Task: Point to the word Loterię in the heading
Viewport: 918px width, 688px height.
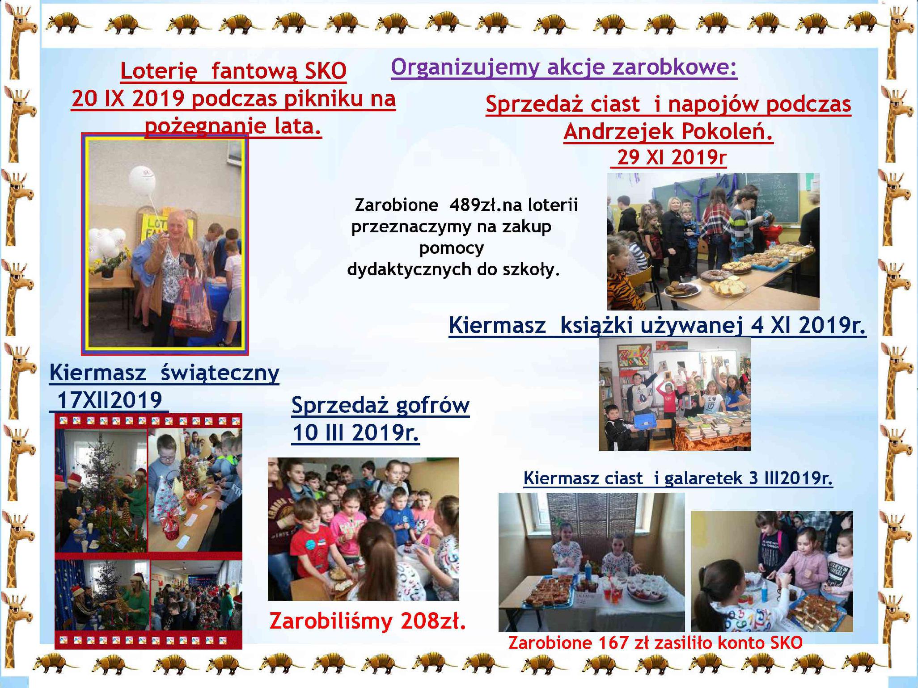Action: point(159,71)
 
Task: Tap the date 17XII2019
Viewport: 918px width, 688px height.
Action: point(110,399)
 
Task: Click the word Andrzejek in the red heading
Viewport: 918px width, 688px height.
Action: point(619,131)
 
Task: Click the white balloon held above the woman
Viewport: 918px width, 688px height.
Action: point(142,179)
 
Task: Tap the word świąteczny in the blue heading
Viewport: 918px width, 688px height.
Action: point(220,373)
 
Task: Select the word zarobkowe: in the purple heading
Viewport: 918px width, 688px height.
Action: point(674,67)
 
